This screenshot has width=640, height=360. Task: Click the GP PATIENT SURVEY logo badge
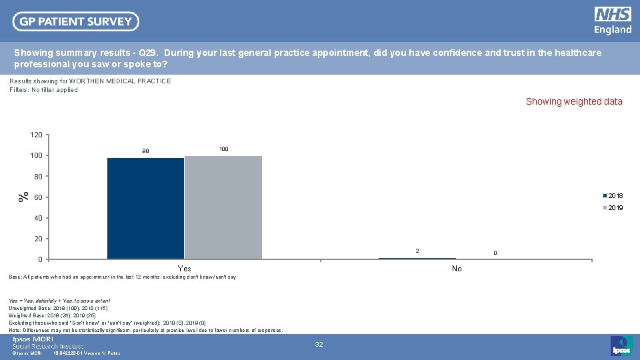75,21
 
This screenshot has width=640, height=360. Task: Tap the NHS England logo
613,21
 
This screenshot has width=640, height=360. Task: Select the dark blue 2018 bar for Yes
145,208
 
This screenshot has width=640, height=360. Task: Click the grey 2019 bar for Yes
223,207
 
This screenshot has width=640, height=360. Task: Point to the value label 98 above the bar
145,151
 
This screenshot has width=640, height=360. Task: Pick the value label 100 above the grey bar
223,149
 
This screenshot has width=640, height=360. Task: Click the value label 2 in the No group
417,251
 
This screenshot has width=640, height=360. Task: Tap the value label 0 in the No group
495,253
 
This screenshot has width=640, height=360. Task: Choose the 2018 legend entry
613,196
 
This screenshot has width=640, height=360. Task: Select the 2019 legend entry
613,208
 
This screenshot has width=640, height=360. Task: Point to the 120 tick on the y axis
36,135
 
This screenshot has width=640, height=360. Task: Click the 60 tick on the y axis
38,197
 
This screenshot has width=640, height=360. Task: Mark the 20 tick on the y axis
38,239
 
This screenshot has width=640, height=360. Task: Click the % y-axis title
23,197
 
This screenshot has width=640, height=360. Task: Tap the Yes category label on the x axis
184,269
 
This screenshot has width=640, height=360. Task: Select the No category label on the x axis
456,269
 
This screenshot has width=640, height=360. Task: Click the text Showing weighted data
573,102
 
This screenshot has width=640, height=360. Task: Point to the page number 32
319,345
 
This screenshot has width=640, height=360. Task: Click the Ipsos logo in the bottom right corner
620,345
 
